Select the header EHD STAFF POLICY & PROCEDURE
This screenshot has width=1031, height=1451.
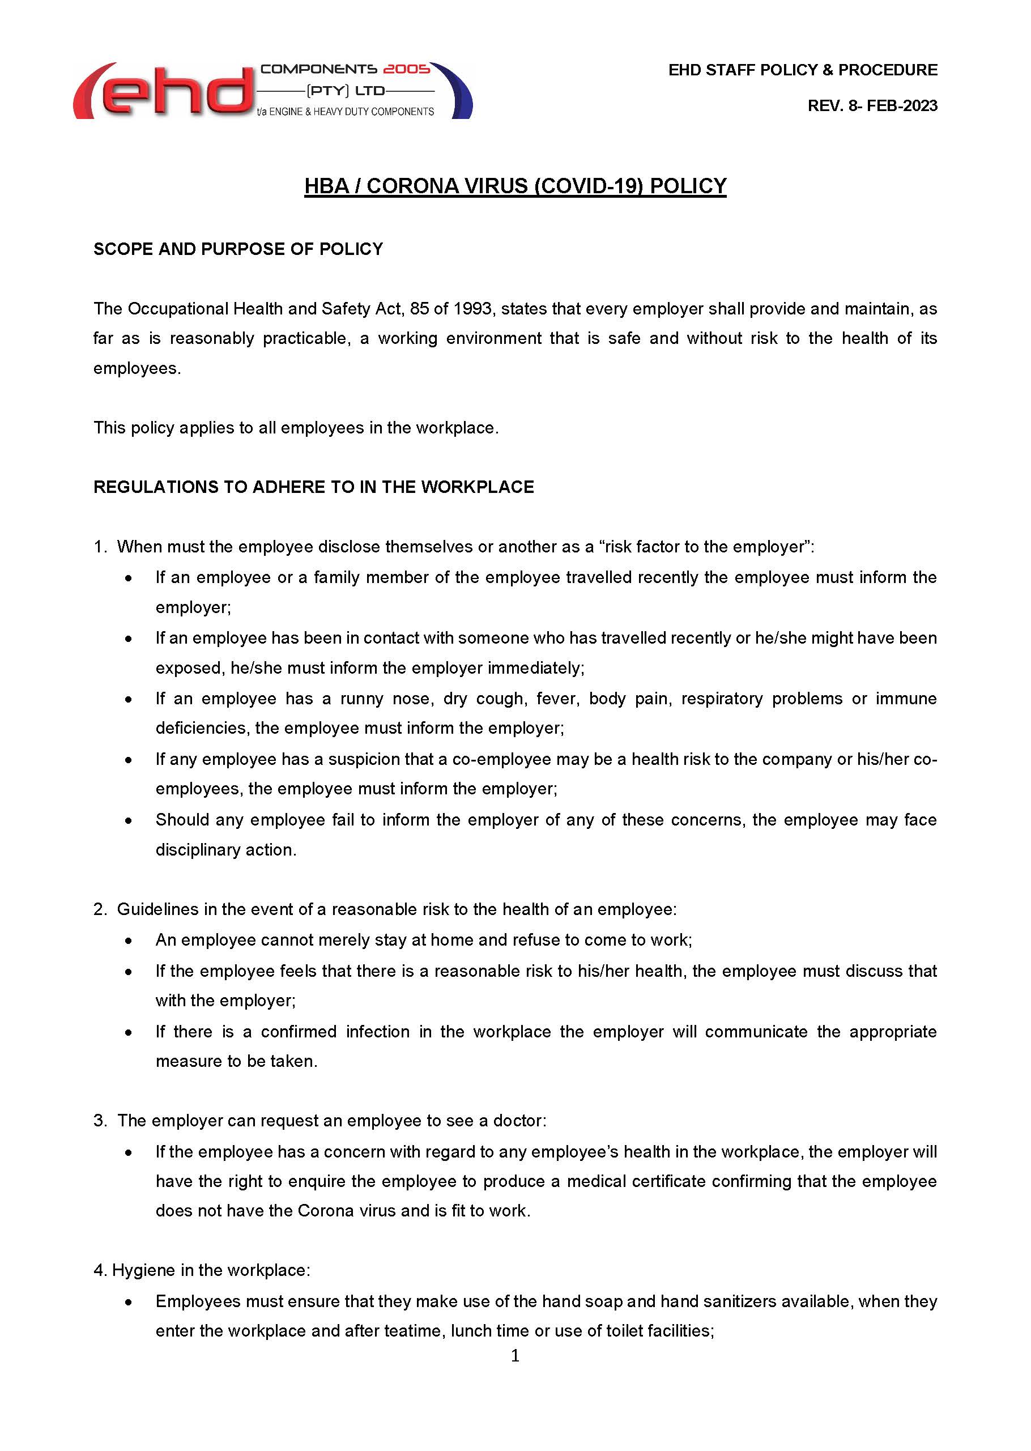click(x=803, y=70)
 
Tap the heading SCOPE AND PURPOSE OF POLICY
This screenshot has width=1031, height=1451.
click(x=238, y=249)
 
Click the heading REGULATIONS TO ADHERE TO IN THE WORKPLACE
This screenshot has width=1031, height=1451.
click(x=314, y=487)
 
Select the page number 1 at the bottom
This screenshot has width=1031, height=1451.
click(x=515, y=1356)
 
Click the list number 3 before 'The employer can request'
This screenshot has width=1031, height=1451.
click(x=100, y=1121)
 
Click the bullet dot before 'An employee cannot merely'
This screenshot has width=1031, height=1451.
click(x=129, y=941)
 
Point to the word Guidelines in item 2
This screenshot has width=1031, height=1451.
click(x=158, y=909)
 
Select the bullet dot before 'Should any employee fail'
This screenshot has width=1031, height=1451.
click(x=129, y=820)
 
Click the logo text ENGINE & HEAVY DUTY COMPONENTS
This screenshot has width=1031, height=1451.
click(x=351, y=112)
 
